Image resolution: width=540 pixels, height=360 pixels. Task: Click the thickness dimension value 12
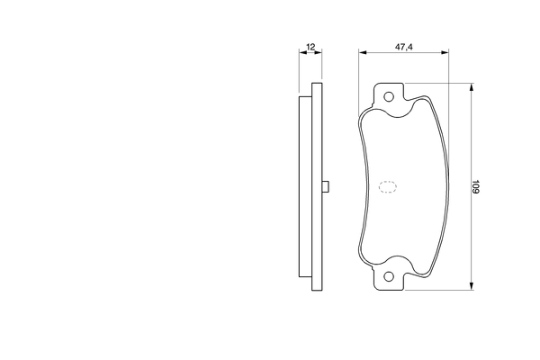(x=310, y=45)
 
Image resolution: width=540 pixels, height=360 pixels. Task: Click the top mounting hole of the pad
(x=389, y=97)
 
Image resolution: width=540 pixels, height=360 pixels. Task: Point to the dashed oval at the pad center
(x=388, y=187)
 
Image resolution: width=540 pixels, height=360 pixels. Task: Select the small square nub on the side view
(x=326, y=187)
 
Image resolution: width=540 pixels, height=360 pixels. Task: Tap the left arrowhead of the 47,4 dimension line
(x=362, y=53)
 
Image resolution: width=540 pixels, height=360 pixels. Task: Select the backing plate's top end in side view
(x=316, y=86)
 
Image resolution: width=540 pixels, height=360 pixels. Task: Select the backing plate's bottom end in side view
(x=316, y=288)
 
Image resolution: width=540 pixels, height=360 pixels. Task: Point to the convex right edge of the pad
(x=439, y=187)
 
